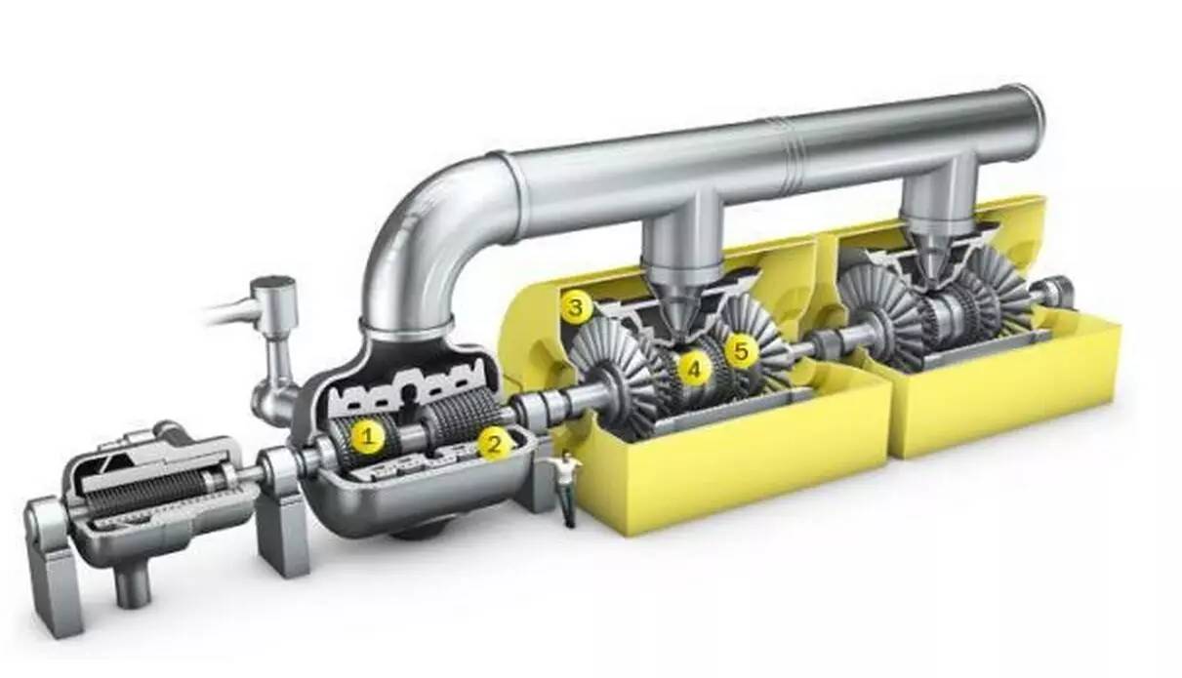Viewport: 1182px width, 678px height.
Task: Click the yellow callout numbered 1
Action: coord(368,436)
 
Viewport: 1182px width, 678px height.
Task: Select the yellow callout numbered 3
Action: coord(575,307)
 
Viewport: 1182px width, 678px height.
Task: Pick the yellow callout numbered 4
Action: coord(694,369)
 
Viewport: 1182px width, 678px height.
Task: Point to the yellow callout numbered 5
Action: coord(741,351)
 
